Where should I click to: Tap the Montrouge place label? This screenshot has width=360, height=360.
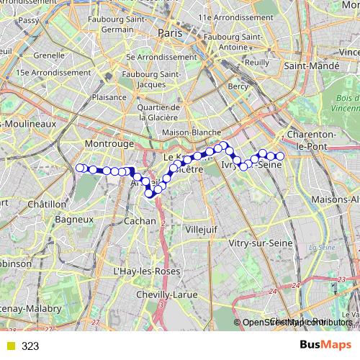(x=109, y=144)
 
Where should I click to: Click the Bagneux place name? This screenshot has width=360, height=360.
(x=76, y=218)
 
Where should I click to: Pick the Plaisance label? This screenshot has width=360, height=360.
(x=110, y=96)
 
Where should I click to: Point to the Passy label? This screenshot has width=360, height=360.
(x=28, y=21)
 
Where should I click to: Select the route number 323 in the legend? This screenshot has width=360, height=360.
(x=30, y=346)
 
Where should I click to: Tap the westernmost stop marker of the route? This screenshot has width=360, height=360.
(x=80, y=168)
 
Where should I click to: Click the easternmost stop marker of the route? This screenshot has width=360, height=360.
(x=281, y=156)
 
